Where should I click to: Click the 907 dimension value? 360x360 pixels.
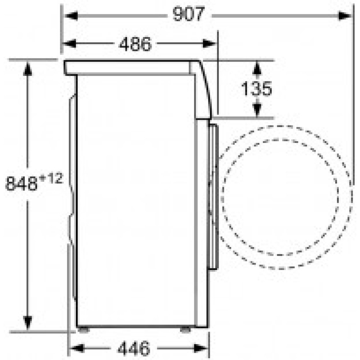189,14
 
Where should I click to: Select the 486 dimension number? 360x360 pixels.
135,44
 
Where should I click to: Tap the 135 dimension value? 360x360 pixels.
256,89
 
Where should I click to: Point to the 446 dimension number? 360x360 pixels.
134,348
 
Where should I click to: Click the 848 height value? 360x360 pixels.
21,183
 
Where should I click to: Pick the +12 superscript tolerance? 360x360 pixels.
51,179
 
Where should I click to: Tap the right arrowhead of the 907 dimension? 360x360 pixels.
345,16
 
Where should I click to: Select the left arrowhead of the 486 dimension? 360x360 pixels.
69,44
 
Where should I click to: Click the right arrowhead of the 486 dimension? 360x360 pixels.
209,44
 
